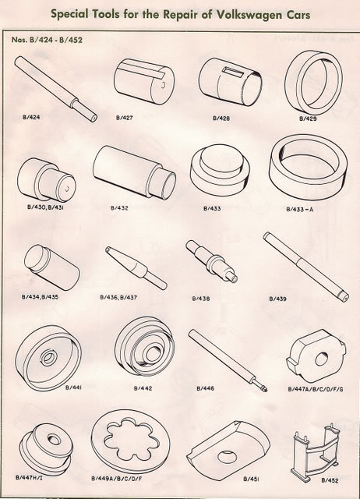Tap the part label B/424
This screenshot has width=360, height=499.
click(x=31, y=117)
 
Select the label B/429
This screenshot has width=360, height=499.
click(x=308, y=119)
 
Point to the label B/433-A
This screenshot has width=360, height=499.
click(x=299, y=210)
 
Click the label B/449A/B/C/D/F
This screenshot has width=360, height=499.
click(x=116, y=479)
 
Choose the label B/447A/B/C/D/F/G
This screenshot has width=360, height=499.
click(x=316, y=389)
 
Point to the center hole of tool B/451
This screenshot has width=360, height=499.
click(x=228, y=457)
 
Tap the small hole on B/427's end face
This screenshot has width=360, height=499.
click(x=163, y=85)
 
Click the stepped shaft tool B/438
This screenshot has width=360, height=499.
click(x=211, y=261)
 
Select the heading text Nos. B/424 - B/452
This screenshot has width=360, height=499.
click(x=47, y=40)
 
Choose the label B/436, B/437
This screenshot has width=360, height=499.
click(x=118, y=298)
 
